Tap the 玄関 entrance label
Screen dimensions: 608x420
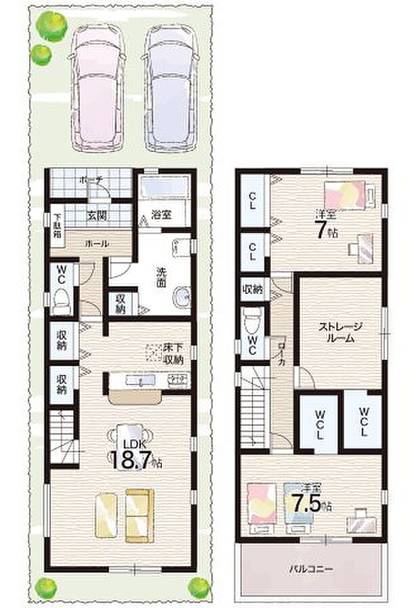95,216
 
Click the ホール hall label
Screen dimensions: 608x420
96,244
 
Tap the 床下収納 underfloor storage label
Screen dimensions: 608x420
173,353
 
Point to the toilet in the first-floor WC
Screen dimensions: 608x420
62,299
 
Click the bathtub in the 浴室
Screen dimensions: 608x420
167,187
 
